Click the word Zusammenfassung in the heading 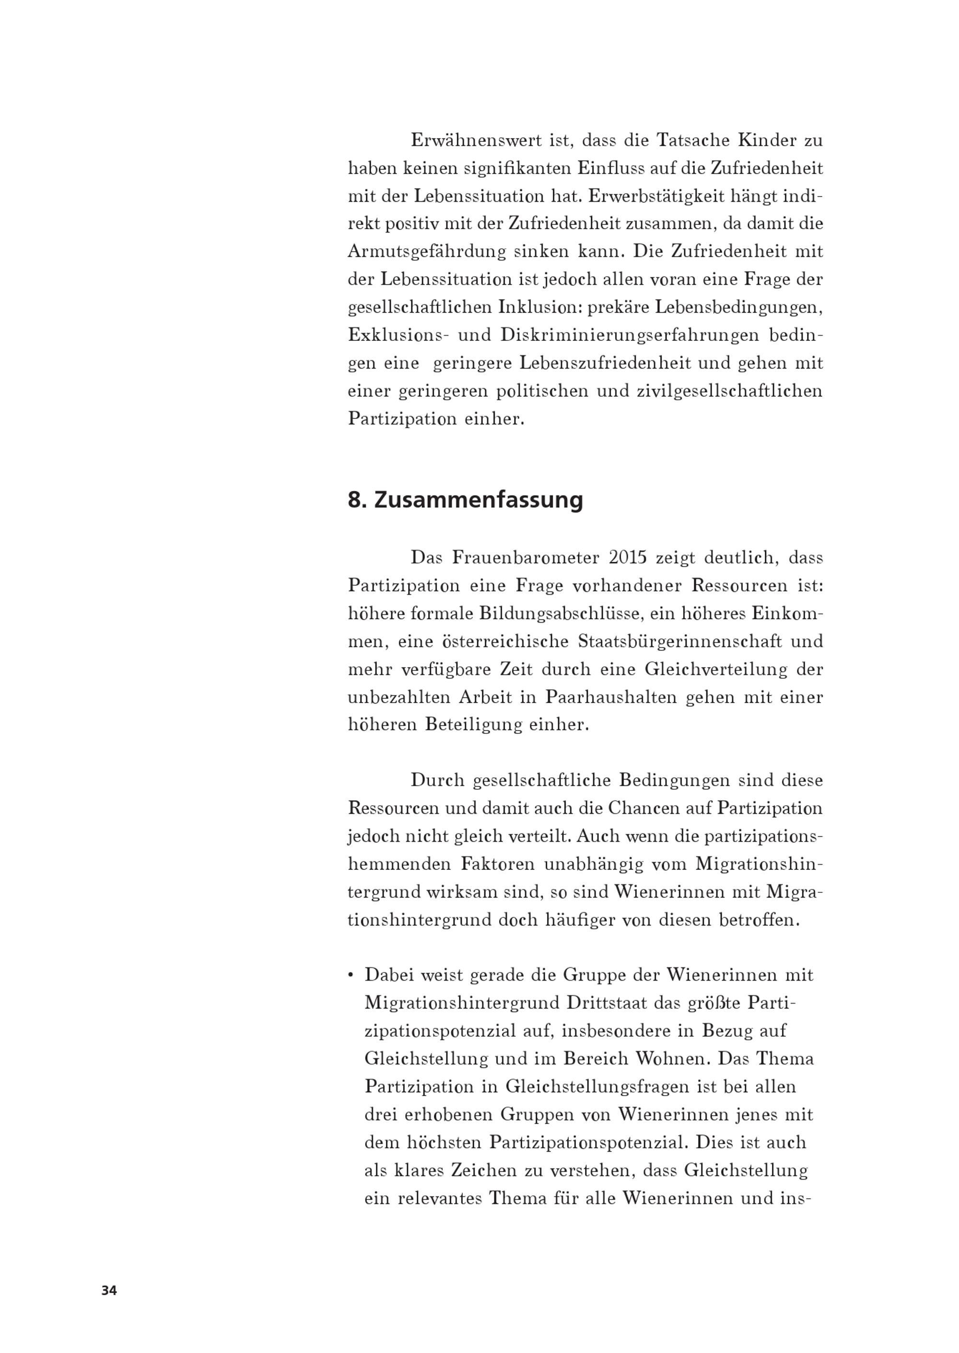(x=479, y=500)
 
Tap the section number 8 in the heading (x=354, y=500)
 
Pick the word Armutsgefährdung (x=426, y=252)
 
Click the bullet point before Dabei (x=351, y=975)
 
